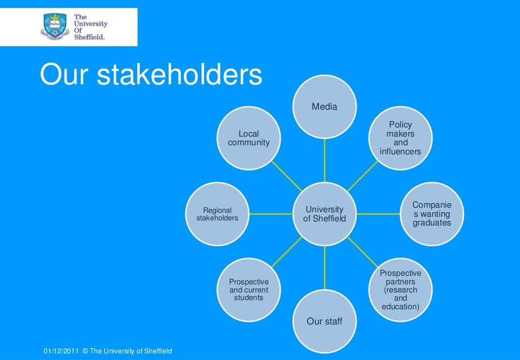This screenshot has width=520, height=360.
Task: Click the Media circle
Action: [324, 107]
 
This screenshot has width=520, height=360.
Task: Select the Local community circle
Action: [249, 138]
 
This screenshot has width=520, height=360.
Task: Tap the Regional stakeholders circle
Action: [217, 214]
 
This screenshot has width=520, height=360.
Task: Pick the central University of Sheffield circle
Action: [324, 214]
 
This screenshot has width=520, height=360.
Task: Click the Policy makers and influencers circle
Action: [401, 138]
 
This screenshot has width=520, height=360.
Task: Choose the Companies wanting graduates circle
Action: [432, 214]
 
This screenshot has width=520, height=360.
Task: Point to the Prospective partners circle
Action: [401, 290]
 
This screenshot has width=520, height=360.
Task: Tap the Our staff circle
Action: [324, 321]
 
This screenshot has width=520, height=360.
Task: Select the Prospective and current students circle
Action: [249, 289]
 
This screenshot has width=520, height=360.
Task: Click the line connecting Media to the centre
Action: [324, 160]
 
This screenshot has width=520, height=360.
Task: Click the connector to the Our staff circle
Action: [324, 268]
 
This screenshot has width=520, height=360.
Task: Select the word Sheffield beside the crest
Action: [89, 37]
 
